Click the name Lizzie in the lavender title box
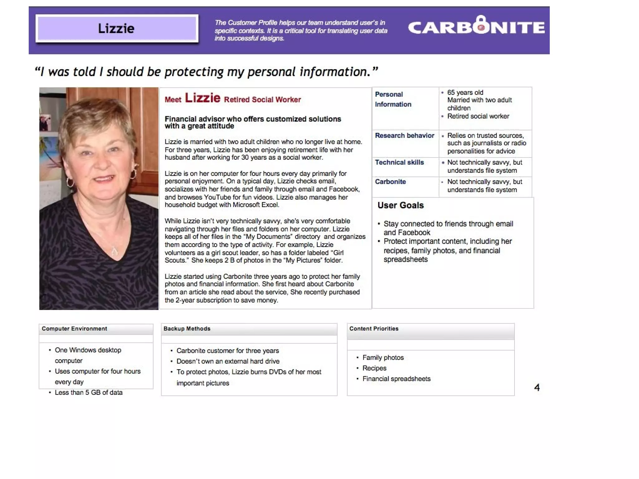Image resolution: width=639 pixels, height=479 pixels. click(116, 28)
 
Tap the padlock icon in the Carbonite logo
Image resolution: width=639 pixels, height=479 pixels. click(481, 25)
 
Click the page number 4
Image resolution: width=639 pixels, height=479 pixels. click(537, 387)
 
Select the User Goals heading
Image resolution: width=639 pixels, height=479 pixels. click(401, 205)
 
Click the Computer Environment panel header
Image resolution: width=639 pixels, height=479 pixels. click(74, 329)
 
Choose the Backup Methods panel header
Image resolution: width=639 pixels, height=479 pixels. click(187, 329)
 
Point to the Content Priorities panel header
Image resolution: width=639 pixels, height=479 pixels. click(374, 329)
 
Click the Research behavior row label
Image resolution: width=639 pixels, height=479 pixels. click(404, 136)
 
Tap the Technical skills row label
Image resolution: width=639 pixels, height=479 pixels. click(399, 162)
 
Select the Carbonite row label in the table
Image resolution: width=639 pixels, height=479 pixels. click(390, 182)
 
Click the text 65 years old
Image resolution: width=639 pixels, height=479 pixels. click(465, 93)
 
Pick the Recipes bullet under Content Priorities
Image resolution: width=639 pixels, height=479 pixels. click(374, 368)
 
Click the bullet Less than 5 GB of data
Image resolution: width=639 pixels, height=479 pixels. click(89, 393)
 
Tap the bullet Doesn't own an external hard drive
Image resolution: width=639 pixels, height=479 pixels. click(228, 361)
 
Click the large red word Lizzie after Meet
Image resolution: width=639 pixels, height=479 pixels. click(202, 98)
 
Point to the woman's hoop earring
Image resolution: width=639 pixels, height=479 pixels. click(70, 182)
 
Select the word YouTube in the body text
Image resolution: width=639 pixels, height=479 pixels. click(218, 197)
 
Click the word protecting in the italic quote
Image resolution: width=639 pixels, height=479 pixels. click(194, 72)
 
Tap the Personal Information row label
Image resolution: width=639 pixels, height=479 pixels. click(393, 99)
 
